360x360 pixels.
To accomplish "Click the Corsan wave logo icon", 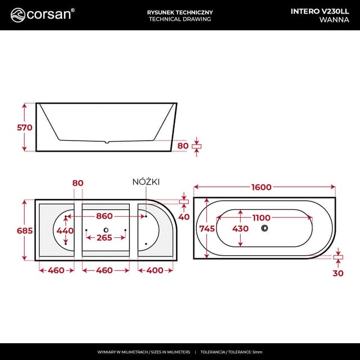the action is coord(17,15).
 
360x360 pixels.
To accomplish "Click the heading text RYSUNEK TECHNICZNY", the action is coord(180,12).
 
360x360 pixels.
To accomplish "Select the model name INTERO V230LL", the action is coord(320,11).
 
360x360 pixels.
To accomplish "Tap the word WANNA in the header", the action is coord(334,20).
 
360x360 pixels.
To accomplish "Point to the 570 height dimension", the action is coord(25,128).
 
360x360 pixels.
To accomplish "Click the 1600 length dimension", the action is coord(261,187).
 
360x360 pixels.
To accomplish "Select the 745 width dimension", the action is coord(207,228).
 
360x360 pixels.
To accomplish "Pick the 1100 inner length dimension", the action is coord(261,218).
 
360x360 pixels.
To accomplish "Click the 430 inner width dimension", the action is coord(240,228).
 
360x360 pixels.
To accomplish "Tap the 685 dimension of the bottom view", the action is coord(25,231).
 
